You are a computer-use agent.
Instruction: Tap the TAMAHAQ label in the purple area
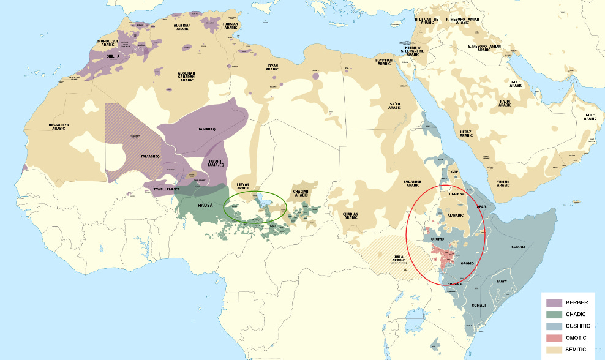[x=206, y=130]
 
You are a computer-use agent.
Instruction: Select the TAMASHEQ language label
[x=150, y=157]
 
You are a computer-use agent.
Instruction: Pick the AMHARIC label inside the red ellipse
[x=454, y=216]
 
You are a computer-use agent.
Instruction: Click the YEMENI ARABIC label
[x=503, y=182]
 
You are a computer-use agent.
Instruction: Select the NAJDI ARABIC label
[x=505, y=103]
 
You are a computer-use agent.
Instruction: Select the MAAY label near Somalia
[x=502, y=281]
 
